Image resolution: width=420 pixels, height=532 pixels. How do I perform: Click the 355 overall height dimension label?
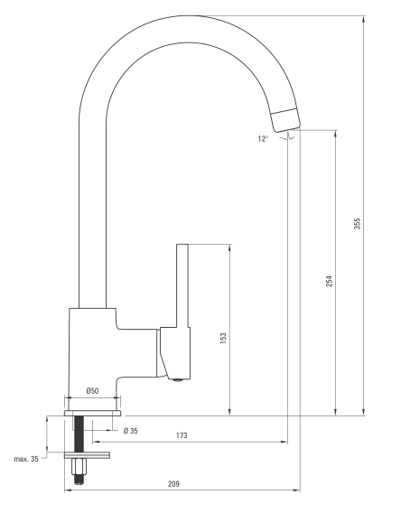(358, 224)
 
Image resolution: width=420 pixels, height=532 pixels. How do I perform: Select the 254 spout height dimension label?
(330, 281)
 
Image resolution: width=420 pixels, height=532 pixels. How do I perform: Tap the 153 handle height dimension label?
(223, 339)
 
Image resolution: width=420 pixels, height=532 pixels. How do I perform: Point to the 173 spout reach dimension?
(182, 435)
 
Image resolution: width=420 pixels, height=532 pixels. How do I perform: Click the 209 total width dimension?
(173, 484)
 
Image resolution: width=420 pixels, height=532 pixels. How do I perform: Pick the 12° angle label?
(263, 138)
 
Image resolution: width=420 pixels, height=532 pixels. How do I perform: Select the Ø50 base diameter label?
(93, 391)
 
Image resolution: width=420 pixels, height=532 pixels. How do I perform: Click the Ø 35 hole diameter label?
(131, 431)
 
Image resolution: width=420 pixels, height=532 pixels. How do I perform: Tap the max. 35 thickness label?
(26, 459)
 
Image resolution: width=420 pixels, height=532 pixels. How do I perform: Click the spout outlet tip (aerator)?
(286, 120)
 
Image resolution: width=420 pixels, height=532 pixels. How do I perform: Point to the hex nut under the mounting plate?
(79, 467)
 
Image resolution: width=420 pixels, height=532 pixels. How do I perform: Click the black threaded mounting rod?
(79, 434)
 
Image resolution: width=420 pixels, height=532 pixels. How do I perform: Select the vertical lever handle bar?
(182, 285)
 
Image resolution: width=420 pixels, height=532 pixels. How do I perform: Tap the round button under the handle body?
(177, 380)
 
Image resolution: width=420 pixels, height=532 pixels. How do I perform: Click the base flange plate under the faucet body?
(93, 413)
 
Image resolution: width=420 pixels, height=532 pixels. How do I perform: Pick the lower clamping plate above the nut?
(88, 455)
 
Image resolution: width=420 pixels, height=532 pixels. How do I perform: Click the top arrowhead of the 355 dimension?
(364, 19)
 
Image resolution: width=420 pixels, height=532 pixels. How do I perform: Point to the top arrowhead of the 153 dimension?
(230, 248)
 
